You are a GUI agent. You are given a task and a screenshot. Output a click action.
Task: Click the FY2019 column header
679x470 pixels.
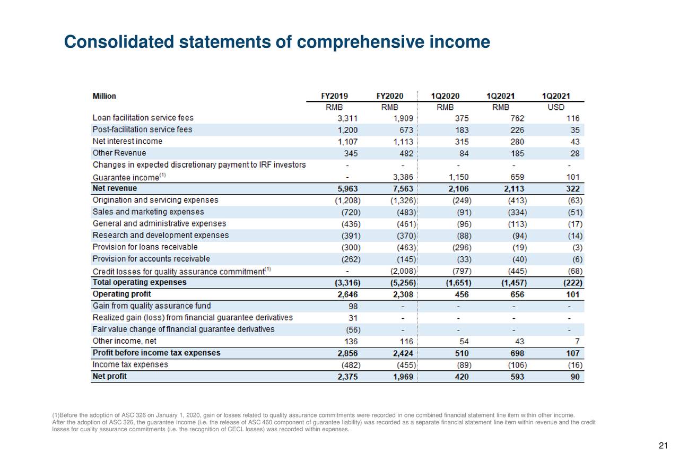(x=334, y=96)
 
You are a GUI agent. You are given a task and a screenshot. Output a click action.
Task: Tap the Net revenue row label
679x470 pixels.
(x=115, y=188)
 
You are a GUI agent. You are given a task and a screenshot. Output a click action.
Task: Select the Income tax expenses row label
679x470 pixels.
(x=130, y=365)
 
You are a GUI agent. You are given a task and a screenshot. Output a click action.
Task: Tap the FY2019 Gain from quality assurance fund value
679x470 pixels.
(x=353, y=306)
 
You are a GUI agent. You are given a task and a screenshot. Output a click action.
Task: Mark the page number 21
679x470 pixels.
(x=662, y=446)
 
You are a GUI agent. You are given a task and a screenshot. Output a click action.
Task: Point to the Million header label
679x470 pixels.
(x=105, y=96)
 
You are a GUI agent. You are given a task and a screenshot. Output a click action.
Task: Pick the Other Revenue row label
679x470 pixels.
(x=119, y=153)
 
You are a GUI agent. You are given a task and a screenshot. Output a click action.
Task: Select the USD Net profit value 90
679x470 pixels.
(x=574, y=377)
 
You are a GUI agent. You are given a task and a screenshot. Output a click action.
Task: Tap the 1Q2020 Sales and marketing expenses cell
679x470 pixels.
(x=464, y=212)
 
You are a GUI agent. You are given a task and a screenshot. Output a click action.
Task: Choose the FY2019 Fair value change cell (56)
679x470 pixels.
(x=351, y=329)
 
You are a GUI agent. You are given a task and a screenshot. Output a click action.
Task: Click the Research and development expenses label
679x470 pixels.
(x=161, y=235)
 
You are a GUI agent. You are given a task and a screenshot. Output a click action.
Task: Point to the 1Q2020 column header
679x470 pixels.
(x=445, y=96)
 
